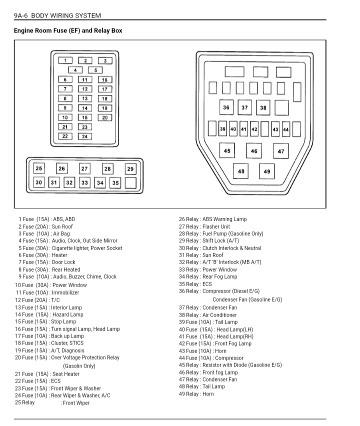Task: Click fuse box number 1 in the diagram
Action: (65, 61)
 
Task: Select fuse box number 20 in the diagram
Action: (104, 118)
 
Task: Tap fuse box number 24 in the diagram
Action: (84, 136)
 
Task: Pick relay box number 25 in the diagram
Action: (38, 169)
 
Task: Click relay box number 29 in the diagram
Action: (130, 169)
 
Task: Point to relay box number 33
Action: (84, 183)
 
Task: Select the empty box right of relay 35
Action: (130, 183)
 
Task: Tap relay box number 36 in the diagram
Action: (226, 107)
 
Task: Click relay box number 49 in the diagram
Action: (266, 171)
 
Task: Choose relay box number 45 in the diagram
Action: (227, 150)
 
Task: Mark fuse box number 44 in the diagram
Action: (285, 129)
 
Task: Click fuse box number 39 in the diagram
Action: (223, 129)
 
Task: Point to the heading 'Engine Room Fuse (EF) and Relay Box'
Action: (68, 31)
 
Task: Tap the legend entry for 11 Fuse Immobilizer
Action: (47, 293)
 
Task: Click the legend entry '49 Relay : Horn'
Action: (196, 394)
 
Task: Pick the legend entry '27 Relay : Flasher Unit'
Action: (204, 226)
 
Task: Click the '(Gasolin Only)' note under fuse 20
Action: (79, 366)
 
